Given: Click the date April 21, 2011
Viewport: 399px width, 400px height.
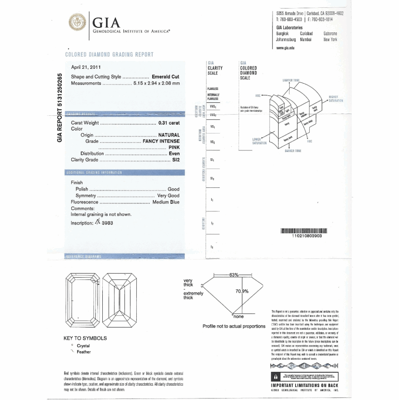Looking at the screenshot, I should tap(86, 67).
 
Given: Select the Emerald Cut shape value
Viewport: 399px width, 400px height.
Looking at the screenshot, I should tap(166, 77).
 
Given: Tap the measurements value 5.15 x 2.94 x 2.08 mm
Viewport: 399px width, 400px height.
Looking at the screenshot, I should tap(157, 83).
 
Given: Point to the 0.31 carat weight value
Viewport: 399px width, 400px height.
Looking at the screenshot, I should tap(169, 123).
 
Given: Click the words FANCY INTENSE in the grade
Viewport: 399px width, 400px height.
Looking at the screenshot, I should tap(161, 141).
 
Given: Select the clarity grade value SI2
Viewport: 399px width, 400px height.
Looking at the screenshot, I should tap(176, 160).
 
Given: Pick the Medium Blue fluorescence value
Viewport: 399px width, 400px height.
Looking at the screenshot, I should tap(166, 202).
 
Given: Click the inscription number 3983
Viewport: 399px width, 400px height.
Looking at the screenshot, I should tap(107, 223).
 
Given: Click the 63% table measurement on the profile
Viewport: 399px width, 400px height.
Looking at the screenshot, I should tap(234, 275).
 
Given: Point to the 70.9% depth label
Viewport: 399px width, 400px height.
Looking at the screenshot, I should tap(242, 291).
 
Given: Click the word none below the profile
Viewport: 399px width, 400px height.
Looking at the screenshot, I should tap(238, 316).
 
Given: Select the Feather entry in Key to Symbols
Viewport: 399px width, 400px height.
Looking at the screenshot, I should tap(84, 352).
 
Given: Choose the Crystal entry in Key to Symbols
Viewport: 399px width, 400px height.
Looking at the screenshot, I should tap(83, 346).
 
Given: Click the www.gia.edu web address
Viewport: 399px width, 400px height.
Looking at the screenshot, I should tap(285, 48).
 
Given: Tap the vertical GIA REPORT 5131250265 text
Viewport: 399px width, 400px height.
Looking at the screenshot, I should tap(60, 107).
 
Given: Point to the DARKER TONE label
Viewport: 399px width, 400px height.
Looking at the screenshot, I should tap(293, 151).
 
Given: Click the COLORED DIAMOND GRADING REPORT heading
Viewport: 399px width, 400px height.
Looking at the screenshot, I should tap(109, 55).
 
